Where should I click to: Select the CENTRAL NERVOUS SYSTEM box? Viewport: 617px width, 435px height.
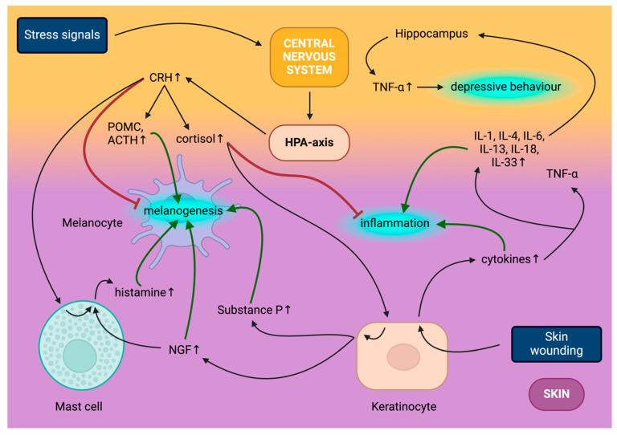click(x=308, y=56)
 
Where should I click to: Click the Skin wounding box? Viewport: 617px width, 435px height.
click(x=556, y=344)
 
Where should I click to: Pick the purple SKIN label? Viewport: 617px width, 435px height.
click(x=556, y=394)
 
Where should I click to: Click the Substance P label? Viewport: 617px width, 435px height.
click(x=252, y=308)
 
